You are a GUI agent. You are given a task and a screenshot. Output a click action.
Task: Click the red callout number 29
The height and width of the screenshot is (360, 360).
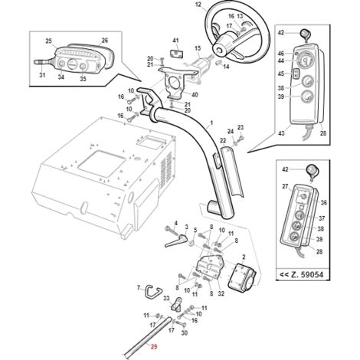coord(154,346)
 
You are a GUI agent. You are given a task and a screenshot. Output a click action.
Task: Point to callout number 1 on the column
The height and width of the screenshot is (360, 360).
coord(211,123)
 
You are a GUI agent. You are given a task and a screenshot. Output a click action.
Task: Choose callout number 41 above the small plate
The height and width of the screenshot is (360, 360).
coord(175,41)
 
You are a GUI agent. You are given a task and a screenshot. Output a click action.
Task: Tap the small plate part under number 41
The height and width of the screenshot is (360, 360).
coord(177,54)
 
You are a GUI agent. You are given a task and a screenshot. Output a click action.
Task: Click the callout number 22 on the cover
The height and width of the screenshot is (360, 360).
coord(223,140)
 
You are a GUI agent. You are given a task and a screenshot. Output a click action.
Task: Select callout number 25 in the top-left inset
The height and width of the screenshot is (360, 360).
coord(48,41)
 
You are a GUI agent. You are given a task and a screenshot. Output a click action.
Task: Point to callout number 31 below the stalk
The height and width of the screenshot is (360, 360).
coord(42,75)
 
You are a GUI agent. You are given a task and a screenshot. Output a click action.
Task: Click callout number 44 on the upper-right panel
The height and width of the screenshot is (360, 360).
coord(281,61)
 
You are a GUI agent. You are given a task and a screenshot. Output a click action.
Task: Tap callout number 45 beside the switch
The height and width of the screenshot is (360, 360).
coord(281,74)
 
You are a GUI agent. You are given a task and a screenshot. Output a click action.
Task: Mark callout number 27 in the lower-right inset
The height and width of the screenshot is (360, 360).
coord(285,186)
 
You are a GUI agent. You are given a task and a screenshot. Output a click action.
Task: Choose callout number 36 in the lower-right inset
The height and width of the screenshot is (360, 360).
coord(323,203)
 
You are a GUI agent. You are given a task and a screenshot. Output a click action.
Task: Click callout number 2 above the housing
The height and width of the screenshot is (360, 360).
coord(244,257)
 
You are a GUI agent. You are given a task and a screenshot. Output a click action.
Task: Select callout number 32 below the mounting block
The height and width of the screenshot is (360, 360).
coord(221,293)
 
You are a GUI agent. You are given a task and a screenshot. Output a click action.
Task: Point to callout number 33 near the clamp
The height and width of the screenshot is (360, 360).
coord(166,298)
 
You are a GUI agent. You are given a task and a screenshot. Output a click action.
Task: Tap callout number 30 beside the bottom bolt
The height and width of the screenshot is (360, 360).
coord(184,333)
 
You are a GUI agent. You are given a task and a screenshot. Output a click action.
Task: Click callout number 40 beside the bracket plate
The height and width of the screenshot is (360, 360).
coord(195,95)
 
